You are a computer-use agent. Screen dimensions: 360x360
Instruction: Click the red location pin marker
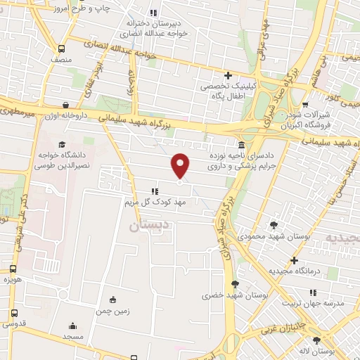pyautogui.click(x=181, y=166)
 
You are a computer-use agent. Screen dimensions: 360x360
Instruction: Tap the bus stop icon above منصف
pyautogui.click(x=62, y=49)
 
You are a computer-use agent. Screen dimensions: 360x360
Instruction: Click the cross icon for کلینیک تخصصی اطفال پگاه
pyautogui.click(x=227, y=75)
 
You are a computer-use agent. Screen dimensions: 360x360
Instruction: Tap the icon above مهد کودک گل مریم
pyautogui.click(x=154, y=191)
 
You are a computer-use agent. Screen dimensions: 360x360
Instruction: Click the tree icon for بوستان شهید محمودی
pyautogui.click(x=274, y=225)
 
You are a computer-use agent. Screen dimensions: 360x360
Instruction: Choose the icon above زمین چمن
pyautogui.click(x=113, y=299)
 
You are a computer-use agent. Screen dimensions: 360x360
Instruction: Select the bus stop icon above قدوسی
pyautogui.click(x=14, y=314)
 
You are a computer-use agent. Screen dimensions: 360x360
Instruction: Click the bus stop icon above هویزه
pyautogui.click(x=13, y=269)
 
